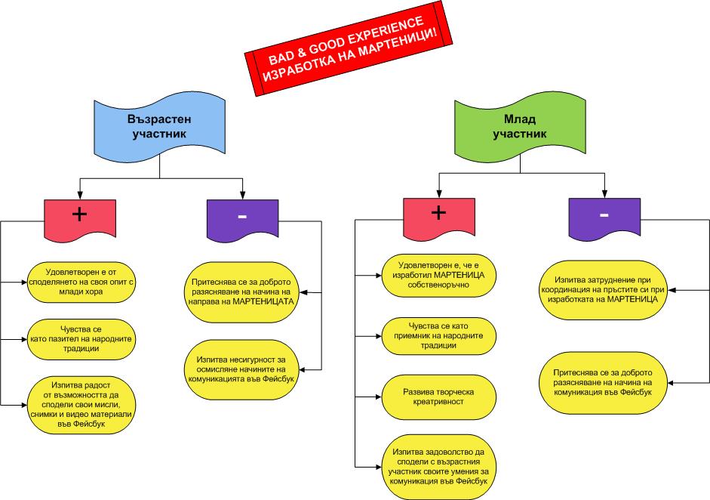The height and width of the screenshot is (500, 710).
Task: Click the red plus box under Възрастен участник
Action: pos(79,218)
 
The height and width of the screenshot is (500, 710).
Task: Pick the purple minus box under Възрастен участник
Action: pos(241,218)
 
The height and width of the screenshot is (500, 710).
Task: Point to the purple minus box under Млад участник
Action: pos(604,218)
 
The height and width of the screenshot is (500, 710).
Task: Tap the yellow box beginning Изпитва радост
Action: pos(80,403)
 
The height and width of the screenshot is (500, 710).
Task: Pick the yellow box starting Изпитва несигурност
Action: pos(241,369)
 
